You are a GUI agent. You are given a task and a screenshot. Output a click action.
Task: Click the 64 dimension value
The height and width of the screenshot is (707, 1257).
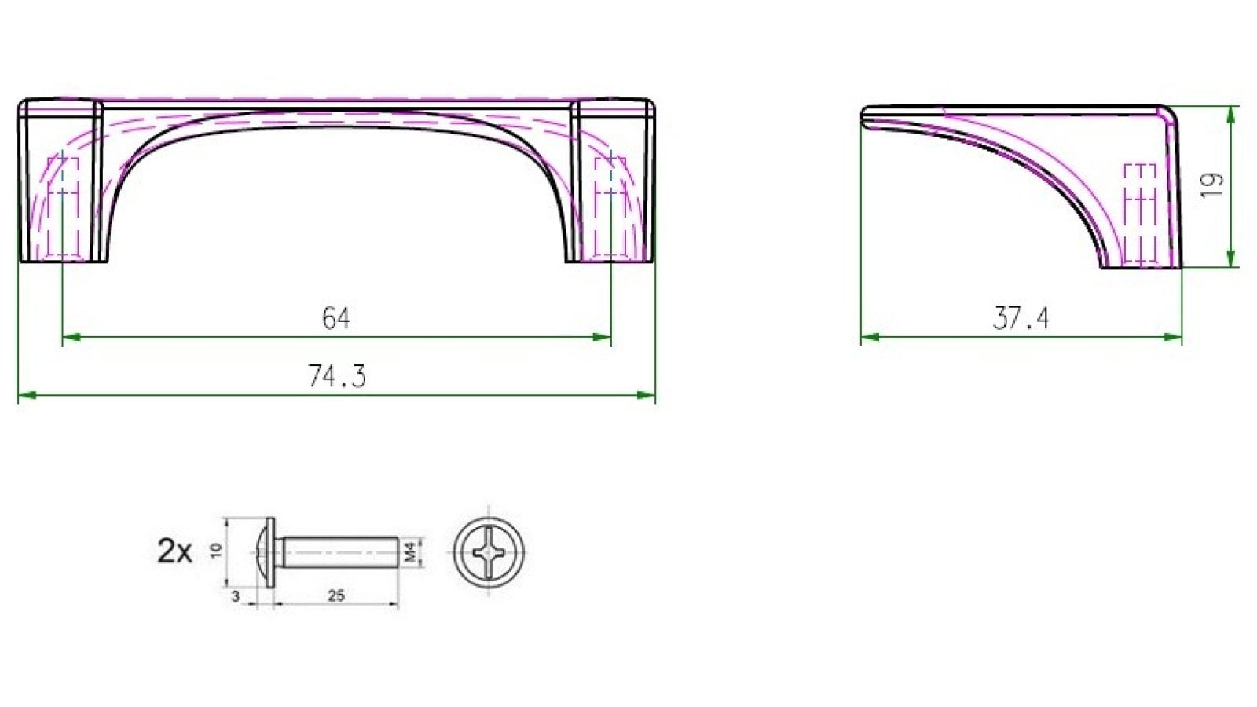click(x=336, y=318)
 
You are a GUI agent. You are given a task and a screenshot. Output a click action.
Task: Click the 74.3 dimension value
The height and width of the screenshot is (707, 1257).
click(x=336, y=377)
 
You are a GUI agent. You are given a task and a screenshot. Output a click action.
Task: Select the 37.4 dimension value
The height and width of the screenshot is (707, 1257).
click(x=1021, y=318)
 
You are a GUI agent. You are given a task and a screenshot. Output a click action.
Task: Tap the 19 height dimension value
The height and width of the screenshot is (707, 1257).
click(x=1213, y=184)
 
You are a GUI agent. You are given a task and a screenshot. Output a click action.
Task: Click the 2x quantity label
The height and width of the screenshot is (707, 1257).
click(x=174, y=551)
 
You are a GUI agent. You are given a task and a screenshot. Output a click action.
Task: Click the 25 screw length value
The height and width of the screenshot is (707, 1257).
click(x=335, y=596)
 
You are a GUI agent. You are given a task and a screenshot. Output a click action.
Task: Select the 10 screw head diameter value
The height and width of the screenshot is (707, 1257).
click(x=217, y=551)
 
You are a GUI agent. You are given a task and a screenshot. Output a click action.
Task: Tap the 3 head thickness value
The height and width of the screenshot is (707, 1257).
click(x=236, y=597)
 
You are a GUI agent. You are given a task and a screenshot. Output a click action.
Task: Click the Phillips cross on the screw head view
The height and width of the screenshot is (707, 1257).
click(x=488, y=551)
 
